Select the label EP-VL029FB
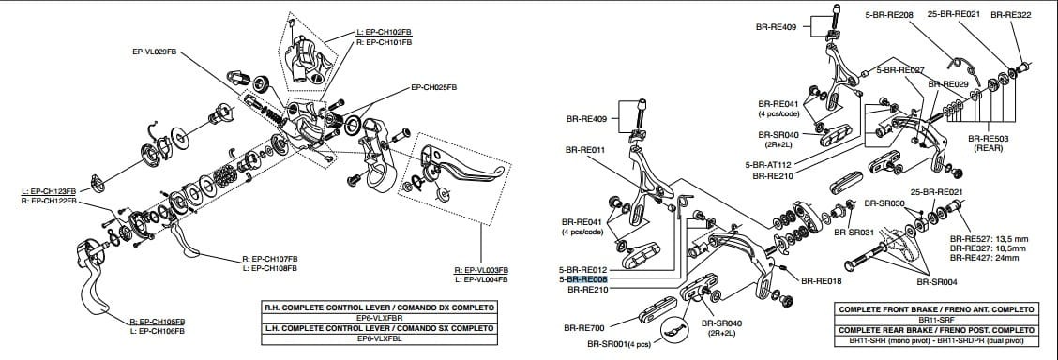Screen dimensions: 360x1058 pyautogui.click(x=155, y=52)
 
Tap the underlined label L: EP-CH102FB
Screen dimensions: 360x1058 pyautogui.click(x=385, y=33)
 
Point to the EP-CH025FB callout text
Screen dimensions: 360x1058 pyautogui.click(x=433, y=87)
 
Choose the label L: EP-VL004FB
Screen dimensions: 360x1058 pyautogui.click(x=480, y=279)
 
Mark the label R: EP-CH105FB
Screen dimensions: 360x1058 pyautogui.click(x=157, y=322)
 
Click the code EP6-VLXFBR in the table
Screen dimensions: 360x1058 pyautogui.click(x=380, y=318)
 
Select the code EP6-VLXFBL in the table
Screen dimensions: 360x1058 pyautogui.click(x=380, y=338)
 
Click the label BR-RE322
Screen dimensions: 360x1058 pyautogui.click(x=1011, y=15)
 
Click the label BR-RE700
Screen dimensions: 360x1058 pyautogui.click(x=583, y=328)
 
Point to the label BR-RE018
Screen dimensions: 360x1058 pyautogui.click(x=822, y=279)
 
